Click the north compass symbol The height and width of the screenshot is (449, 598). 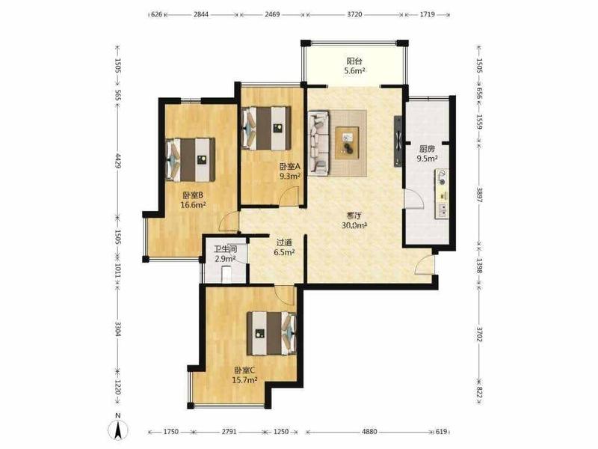coord(119,429)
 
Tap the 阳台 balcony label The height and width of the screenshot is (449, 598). coord(354,61)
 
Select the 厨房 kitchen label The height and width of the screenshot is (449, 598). coord(427,149)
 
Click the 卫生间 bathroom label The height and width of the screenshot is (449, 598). coord(226,249)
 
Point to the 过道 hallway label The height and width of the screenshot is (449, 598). coord(284,242)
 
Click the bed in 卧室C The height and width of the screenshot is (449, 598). coord(271,333)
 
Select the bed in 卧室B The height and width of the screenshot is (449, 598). coord(191,159)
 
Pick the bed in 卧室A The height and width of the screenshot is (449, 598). coord(267,128)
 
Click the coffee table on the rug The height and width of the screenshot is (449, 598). coord(347,143)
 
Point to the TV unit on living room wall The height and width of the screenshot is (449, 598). coord(398,141)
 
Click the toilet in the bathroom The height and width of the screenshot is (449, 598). coord(226,274)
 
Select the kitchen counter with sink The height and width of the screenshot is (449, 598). coord(442,194)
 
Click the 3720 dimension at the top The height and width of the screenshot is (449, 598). coord(354,14)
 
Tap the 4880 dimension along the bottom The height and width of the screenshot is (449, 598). coord(369,432)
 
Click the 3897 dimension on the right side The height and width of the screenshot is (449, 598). coord(479,195)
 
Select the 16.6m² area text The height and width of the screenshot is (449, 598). coord(193,205)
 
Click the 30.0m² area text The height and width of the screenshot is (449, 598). coord(354,225)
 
